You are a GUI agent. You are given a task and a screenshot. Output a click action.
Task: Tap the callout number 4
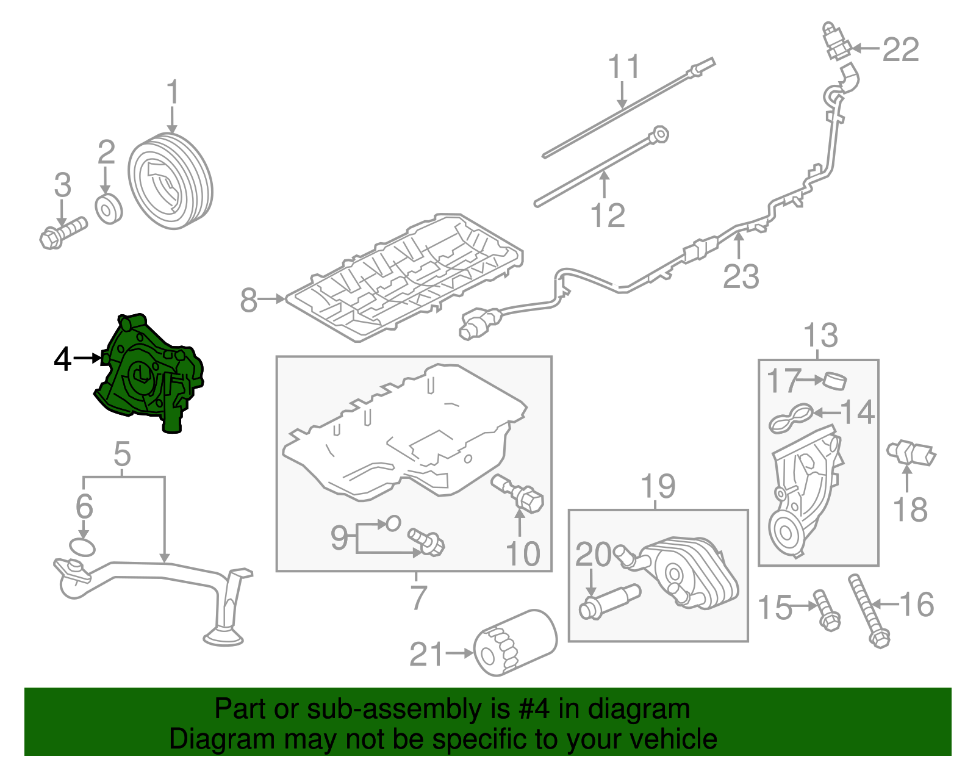click(x=63, y=359)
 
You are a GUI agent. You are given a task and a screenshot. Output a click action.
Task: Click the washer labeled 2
click(x=109, y=209)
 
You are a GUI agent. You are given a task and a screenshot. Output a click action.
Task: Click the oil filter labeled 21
click(x=515, y=643)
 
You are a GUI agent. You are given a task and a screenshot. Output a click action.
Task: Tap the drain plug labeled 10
click(x=518, y=494)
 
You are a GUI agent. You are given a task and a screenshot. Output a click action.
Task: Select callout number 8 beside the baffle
click(x=248, y=300)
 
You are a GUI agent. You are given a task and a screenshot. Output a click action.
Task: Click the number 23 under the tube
click(x=741, y=276)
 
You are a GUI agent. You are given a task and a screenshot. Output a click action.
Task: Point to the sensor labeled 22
click(x=836, y=42)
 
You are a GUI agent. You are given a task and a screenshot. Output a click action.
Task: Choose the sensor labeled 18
click(x=911, y=453)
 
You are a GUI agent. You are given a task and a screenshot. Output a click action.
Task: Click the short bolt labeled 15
click(x=827, y=610)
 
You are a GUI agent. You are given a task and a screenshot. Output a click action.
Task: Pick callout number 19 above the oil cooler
click(x=658, y=486)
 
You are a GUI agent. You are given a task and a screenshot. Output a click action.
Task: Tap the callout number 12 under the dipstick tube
click(x=608, y=215)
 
